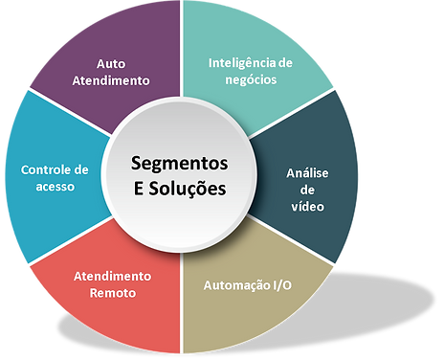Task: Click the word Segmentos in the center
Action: tap(180, 165)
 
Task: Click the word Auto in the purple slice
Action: tap(111, 64)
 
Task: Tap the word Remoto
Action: tap(112, 293)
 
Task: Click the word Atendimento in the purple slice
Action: tap(111, 80)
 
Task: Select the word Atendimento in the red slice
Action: tap(112, 277)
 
